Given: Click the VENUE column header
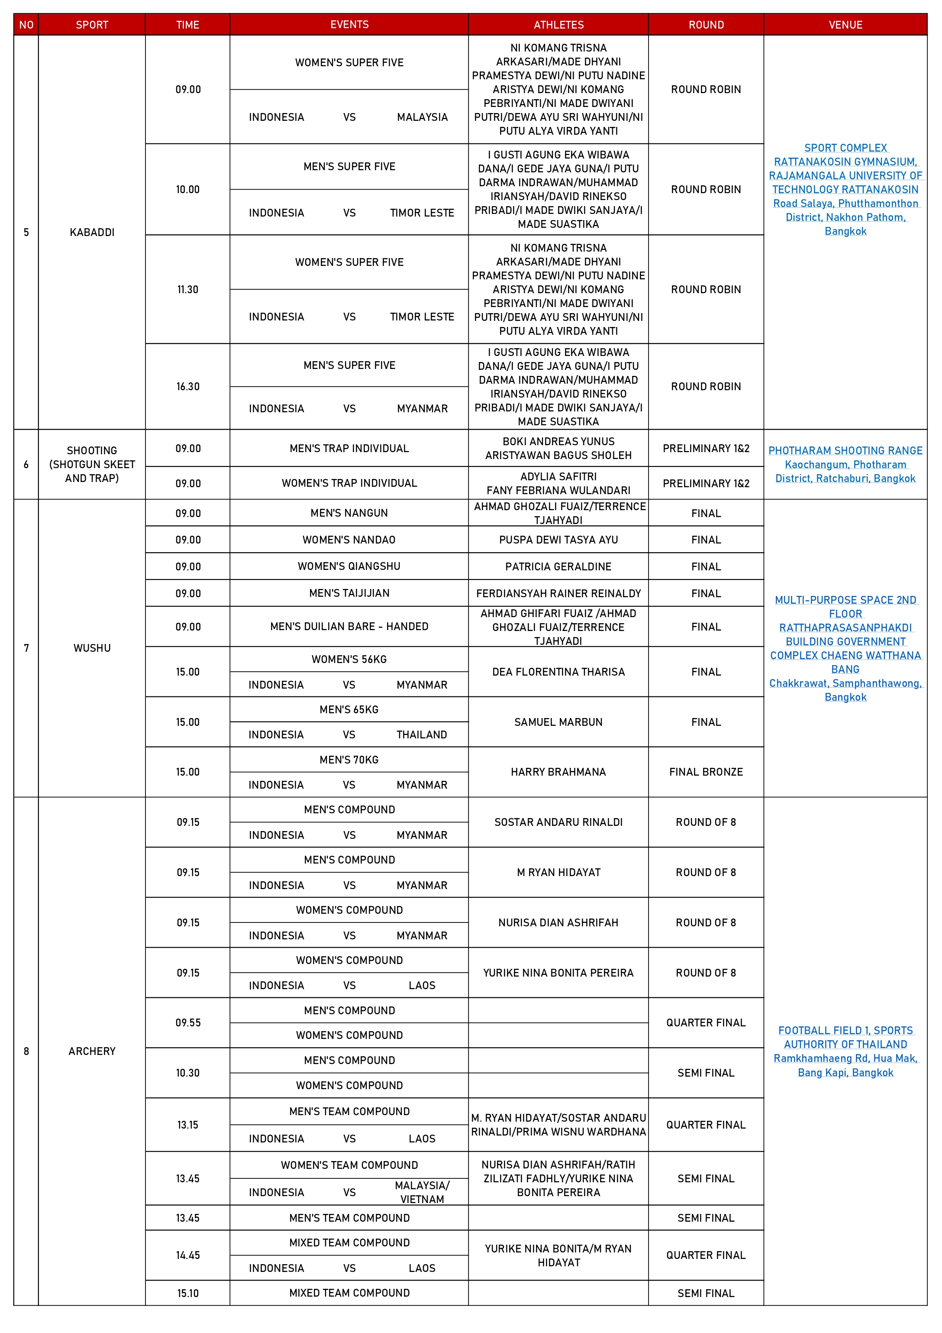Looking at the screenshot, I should click(845, 24).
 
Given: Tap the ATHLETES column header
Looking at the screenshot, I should click(558, 24).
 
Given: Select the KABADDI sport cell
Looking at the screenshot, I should click(92, 232).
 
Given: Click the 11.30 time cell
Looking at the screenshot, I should click(187, 289).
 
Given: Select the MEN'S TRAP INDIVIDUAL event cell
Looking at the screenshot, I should click(349, 448).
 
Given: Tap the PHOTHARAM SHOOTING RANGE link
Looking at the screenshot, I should click(845, 450).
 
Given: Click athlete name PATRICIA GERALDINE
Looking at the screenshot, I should click(558, 566).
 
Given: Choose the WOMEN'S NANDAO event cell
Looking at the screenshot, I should click(349, 539).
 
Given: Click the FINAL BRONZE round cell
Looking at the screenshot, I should click(706, 772).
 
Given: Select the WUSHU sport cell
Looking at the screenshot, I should click(92, 648).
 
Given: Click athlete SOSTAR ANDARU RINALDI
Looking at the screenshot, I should click(558, 822).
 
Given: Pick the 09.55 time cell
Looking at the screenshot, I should click(187, 1022).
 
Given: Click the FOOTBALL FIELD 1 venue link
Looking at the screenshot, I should click(845, 1031).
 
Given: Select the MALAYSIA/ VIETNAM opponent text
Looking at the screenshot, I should click(422, 1192).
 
